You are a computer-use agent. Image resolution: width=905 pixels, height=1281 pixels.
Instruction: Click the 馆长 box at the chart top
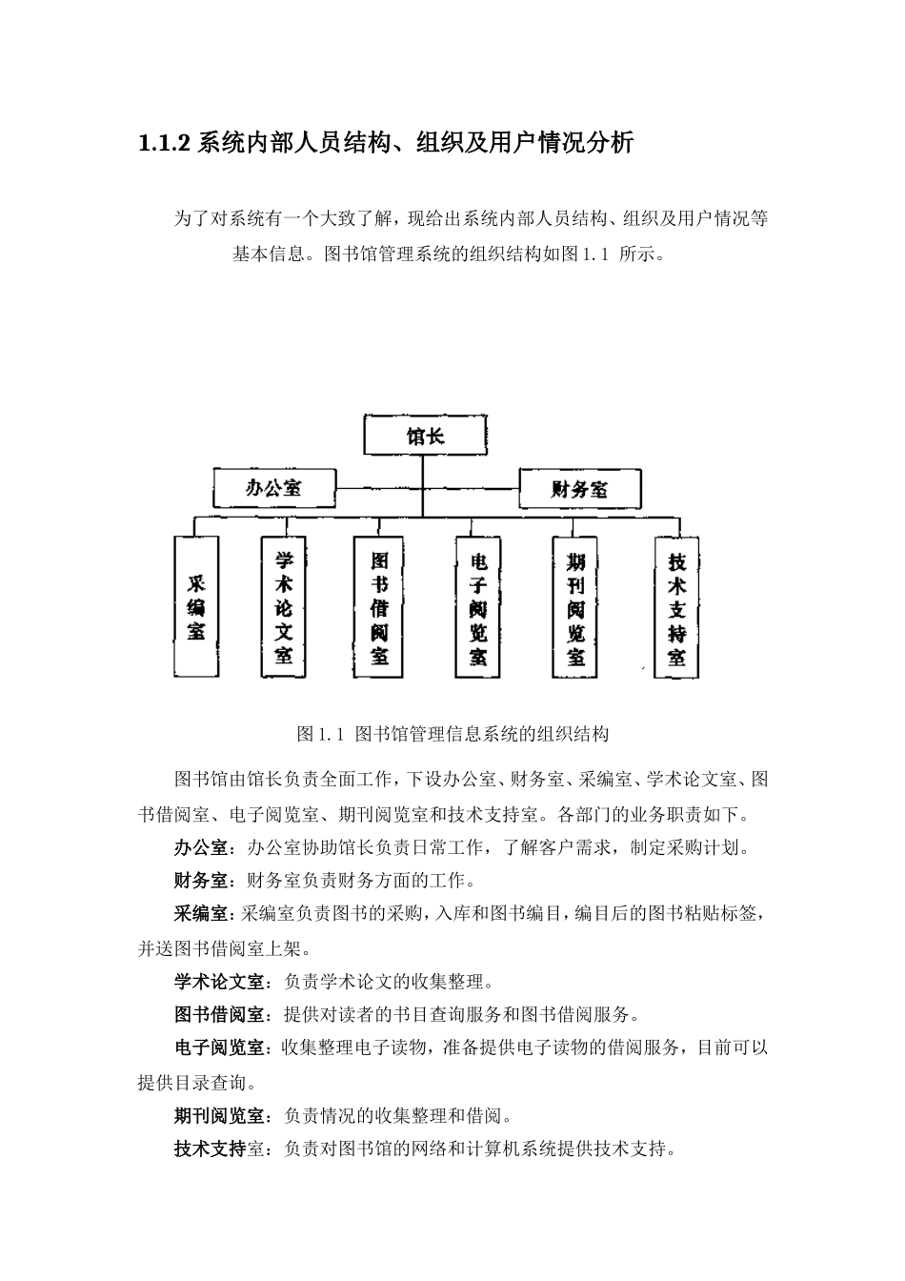point(425,437)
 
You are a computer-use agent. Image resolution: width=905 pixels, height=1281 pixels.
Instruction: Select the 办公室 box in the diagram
point(274,487)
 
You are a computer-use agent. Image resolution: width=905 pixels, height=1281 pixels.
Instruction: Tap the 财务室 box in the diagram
point(579,489)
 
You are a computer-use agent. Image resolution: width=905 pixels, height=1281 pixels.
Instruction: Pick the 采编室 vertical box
point(196,606)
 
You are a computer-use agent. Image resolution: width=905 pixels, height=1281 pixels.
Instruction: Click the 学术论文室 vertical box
point(284,606)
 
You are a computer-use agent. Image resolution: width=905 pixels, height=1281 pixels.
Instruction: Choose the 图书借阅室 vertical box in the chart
point(379,606)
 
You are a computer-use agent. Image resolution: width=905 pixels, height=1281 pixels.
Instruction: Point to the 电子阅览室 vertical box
point(478,606)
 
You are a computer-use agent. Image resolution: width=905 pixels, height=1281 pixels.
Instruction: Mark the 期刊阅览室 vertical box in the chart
point(576,606)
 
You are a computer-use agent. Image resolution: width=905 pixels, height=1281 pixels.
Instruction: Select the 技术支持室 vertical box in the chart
point(676,606)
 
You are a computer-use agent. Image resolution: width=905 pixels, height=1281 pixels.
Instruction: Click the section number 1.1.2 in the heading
point(165,144)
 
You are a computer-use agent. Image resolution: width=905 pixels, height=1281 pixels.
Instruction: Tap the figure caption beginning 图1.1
point(452,734)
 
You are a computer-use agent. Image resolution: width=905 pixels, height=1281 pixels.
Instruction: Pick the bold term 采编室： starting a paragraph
point(202,913)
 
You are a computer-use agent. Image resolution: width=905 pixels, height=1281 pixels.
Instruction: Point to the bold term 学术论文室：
point(223,981)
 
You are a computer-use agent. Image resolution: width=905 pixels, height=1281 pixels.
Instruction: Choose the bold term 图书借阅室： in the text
point(223,1014)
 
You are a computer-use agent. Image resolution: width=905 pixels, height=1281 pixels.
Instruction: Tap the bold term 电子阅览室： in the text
point(223,1047)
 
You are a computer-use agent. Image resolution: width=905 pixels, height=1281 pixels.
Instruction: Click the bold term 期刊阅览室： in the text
point(223,1115)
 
